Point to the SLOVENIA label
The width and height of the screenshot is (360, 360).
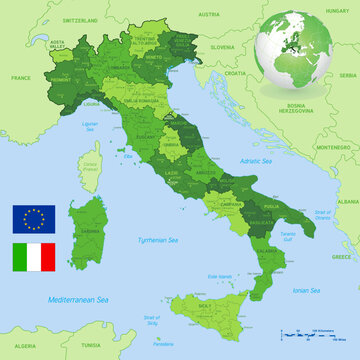click(222, 47)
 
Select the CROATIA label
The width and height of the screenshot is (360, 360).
click(236, 73)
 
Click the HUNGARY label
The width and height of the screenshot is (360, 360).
click(337, 8)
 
